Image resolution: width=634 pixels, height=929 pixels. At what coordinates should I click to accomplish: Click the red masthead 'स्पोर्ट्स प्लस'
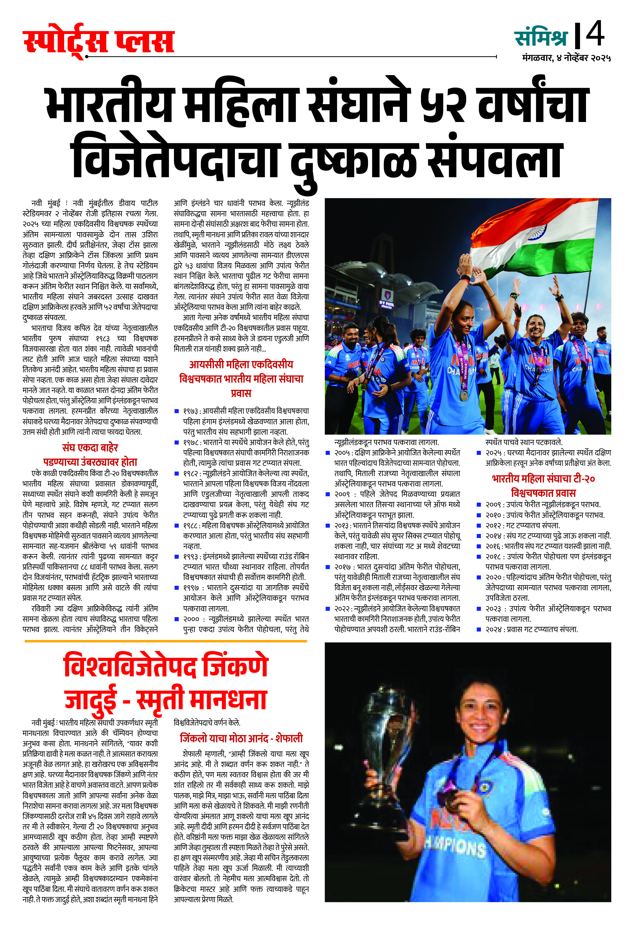click(x=99, y=41)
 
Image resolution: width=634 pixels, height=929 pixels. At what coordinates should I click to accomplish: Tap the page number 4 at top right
click(x=595, y=34)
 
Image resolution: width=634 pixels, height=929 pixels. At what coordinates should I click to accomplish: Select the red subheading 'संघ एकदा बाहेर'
click(x=90, y=447)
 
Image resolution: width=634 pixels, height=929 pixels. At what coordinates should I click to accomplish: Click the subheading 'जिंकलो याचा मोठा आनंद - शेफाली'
click(x=241, y=738)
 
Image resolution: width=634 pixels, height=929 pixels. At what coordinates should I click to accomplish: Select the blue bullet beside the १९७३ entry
click(x=177, y=411)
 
